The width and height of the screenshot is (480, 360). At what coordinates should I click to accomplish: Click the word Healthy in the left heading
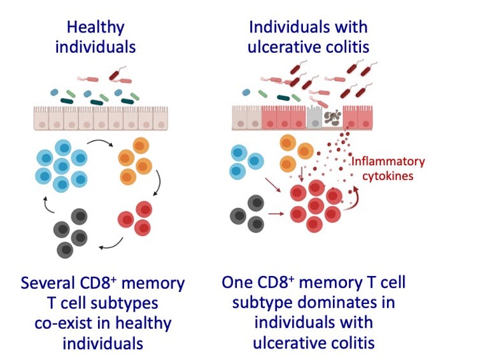click(x=95, y=27)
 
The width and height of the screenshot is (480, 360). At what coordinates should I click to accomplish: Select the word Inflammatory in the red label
click(x=388, y=161)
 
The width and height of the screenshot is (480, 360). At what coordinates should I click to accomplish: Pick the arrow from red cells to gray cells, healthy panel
click(x=109, y=244)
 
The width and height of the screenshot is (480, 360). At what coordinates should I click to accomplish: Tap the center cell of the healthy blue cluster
click(x=62, y=167)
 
